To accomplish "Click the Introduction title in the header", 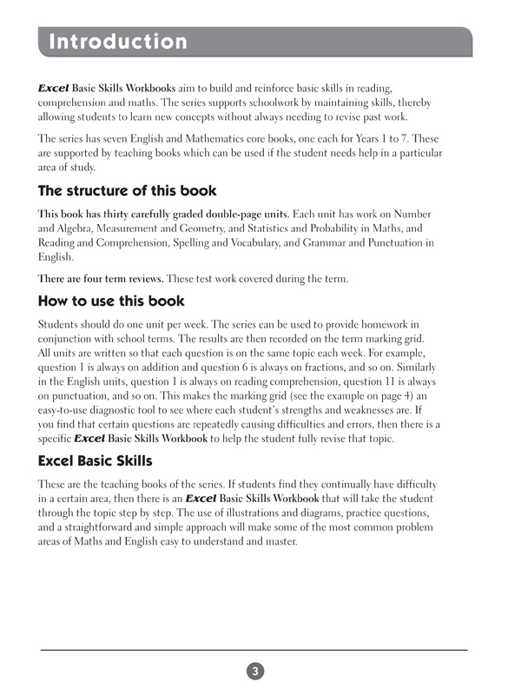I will pos(118,42).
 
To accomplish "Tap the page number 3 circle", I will pos(254,671).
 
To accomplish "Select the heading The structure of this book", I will pos(127,190).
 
